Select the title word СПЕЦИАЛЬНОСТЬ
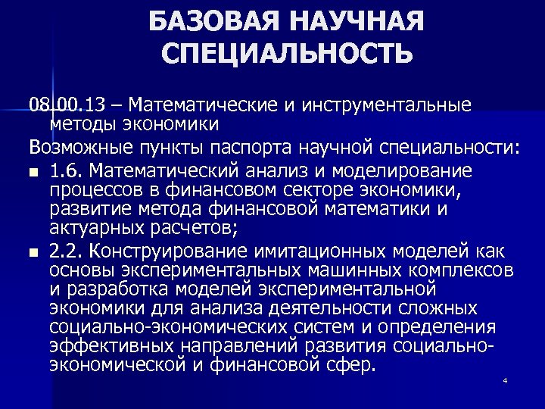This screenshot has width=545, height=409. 288,55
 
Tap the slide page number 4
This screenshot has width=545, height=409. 504,379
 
